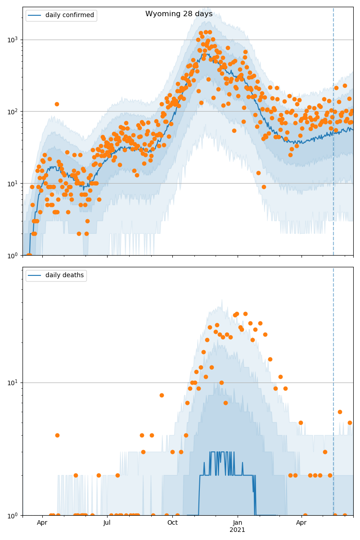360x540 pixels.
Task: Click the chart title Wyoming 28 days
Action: [x=179, y=14]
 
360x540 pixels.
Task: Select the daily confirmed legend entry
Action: [x=69, y=15]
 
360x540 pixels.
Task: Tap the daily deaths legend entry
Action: [x=64, y=275]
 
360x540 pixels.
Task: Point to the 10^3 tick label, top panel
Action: [x=14, y=40]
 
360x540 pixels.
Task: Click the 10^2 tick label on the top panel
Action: [x=14, y=112]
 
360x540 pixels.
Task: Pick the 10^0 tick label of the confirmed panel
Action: [x=14, y=255]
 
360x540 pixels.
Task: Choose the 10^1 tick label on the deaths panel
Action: [x=14, y=382]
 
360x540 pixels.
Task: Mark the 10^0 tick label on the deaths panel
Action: [x=14, y=515]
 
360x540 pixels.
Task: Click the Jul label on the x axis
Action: [x=107, y=523]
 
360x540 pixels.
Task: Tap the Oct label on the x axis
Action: [x=172, y=523]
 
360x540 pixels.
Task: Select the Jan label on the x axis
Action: [x=238, y=523]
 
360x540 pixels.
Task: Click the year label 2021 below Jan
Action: [x=238, y=530]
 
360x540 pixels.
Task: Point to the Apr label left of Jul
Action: [x=42, y=523]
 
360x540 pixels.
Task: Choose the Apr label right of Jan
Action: [x=301, y=523]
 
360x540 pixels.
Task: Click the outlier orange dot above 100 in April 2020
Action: [x=57, y=104]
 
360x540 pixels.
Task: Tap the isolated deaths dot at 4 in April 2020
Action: [x=57, y=435]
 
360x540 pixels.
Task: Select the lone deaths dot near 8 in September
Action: [x=162, y=395]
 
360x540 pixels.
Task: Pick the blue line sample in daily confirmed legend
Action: [x=35, y=15]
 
